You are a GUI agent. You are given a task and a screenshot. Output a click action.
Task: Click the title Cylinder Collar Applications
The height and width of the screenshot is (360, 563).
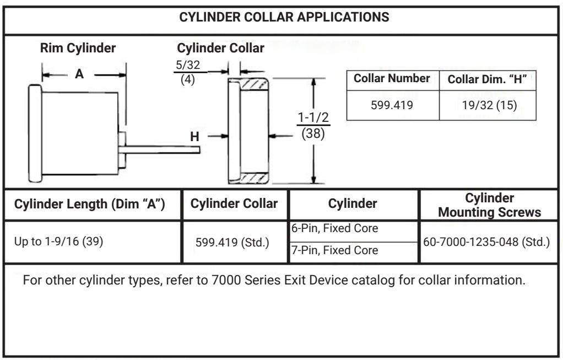(x=284, y=17)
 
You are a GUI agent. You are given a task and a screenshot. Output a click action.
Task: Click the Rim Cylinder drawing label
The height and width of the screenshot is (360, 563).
(x=78, y=48)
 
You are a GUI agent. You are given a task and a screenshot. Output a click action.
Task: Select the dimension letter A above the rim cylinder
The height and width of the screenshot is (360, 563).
(x=79, y=74)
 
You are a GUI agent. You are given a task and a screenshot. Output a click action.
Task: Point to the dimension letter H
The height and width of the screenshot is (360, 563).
(x=194, y=137)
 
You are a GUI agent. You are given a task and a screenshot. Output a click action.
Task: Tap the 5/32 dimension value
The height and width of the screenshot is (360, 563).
(x=188, y=65)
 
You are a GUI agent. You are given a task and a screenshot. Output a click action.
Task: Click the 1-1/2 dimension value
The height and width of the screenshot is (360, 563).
(x=313, y=117)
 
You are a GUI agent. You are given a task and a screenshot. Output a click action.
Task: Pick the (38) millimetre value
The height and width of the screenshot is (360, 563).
(x=313, y=133)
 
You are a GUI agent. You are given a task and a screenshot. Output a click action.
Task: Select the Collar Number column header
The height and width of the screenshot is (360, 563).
(x=392, y=78)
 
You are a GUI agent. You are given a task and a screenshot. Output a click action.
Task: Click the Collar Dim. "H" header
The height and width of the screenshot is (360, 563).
(x=487, y=79)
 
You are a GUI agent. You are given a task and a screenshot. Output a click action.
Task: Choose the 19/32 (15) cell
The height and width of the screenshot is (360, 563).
(x=489, y=105)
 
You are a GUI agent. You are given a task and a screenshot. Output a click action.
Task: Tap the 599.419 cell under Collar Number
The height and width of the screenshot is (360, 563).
(x=392, y=105)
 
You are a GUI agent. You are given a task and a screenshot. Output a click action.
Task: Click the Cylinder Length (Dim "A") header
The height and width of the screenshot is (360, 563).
(x=89, y=204)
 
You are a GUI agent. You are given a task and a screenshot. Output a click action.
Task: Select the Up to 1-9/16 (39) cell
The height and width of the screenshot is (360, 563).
(x=58, y=241)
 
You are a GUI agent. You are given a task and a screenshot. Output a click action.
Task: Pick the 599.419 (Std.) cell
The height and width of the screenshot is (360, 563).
(x=232, y=243)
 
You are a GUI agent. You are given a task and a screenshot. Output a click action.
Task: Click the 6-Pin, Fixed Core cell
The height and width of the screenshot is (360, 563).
(x=334, y=228)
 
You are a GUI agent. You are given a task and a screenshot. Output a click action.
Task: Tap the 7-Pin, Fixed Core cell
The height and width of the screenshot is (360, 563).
(x=334, y=250)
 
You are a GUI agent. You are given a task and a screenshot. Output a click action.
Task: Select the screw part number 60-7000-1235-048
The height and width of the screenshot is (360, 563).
(x=470, y=242)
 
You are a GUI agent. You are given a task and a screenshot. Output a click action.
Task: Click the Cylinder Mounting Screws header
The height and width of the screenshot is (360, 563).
(x=489, y=205)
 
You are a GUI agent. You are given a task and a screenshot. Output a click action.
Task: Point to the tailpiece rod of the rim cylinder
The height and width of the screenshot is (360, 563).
(x=159, y=149)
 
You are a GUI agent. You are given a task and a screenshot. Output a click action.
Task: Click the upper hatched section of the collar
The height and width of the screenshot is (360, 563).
(x=253, y=85)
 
